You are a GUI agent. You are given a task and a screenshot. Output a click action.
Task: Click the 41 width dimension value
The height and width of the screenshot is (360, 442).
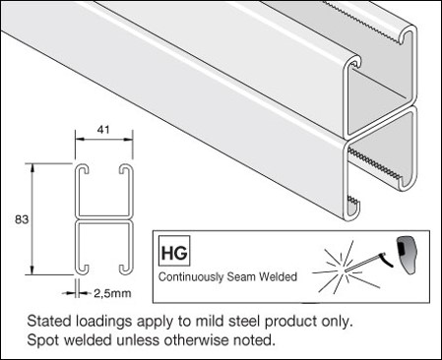[x=103, y=130]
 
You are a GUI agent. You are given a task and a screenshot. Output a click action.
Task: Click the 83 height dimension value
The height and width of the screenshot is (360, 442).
[x=22, y=219]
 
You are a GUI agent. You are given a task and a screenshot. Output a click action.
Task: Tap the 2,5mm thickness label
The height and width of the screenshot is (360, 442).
[x=112, y=293]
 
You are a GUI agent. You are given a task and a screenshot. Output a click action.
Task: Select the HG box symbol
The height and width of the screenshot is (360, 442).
[x=174, y=251]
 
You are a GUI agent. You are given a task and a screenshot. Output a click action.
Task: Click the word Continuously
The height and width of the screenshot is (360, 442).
[x=191, y=277]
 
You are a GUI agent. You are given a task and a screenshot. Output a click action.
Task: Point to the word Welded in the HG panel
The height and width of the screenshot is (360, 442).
[x=278, y=276]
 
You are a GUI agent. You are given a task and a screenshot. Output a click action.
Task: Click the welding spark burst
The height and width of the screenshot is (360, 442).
[x=342, y=268]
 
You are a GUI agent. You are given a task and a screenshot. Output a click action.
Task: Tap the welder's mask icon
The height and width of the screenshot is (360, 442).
[x=407, y=255]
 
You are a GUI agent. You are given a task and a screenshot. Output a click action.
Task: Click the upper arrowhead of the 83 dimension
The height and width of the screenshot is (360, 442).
[x=32, y=167]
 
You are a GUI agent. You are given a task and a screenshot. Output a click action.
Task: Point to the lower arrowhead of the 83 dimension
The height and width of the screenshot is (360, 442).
[x=32, y=270]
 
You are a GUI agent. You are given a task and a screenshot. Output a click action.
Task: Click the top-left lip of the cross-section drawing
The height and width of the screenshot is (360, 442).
[x=84, y=168]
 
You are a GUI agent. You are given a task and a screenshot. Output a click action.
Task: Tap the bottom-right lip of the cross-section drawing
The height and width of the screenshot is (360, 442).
[x=126, y=269]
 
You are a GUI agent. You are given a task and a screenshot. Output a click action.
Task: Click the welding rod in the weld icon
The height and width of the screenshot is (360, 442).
[x=364, y=263]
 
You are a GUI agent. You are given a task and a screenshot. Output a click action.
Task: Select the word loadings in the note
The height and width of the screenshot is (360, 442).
[x=104, y=322]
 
